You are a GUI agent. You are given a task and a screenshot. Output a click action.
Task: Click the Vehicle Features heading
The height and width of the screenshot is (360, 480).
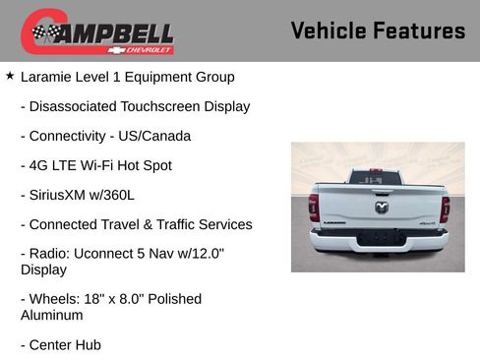pos(378,31)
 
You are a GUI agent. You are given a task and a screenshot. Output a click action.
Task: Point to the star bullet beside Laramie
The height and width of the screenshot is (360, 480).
pos(10,76)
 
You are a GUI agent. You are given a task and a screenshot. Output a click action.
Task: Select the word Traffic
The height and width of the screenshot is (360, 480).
pos(175,224)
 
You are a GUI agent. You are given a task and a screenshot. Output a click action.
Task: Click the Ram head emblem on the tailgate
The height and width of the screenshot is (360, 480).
pos(381,206)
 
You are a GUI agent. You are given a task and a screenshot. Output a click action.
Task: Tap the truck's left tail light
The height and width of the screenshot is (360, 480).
pos(314,208)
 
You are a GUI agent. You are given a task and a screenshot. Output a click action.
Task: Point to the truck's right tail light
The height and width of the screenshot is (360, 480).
pos(446,208)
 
